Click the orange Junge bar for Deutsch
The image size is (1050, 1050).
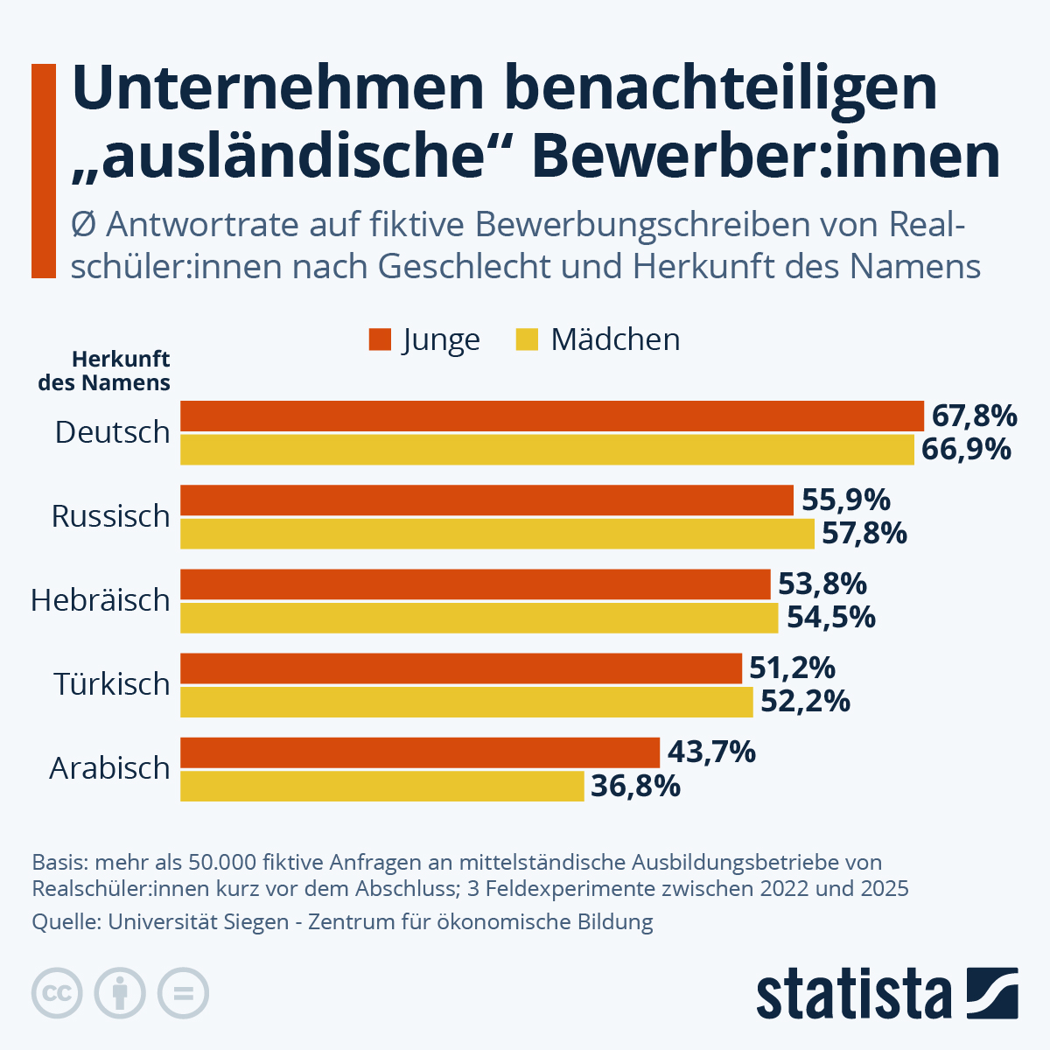click(551, 416)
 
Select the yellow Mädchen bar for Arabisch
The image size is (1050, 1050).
click(381, 786)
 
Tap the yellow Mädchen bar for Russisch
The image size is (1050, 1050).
click(497, 534)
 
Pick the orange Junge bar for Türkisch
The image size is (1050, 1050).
click(460, 668)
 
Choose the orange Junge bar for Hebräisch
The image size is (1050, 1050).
click(474, 584)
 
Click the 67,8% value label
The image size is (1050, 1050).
click(974, 416)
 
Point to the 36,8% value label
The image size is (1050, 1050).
click(635, 786)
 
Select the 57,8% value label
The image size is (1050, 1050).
click(864, 534)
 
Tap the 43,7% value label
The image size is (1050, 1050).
click(711, 752)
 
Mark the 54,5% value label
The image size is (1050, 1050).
click(830, 618)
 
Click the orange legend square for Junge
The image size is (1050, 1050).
click(380, 339)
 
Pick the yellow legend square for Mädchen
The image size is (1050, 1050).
click(527, 339)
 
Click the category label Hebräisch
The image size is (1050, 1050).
click(101, 600)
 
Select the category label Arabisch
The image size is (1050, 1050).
click(109, 768)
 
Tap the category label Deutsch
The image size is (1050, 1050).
click(112, 432)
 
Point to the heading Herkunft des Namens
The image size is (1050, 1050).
click(104, 371)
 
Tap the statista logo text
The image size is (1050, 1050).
click(854, 994)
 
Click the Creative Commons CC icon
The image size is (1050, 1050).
click(57, 994)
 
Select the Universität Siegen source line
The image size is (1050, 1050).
click(342, 922)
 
